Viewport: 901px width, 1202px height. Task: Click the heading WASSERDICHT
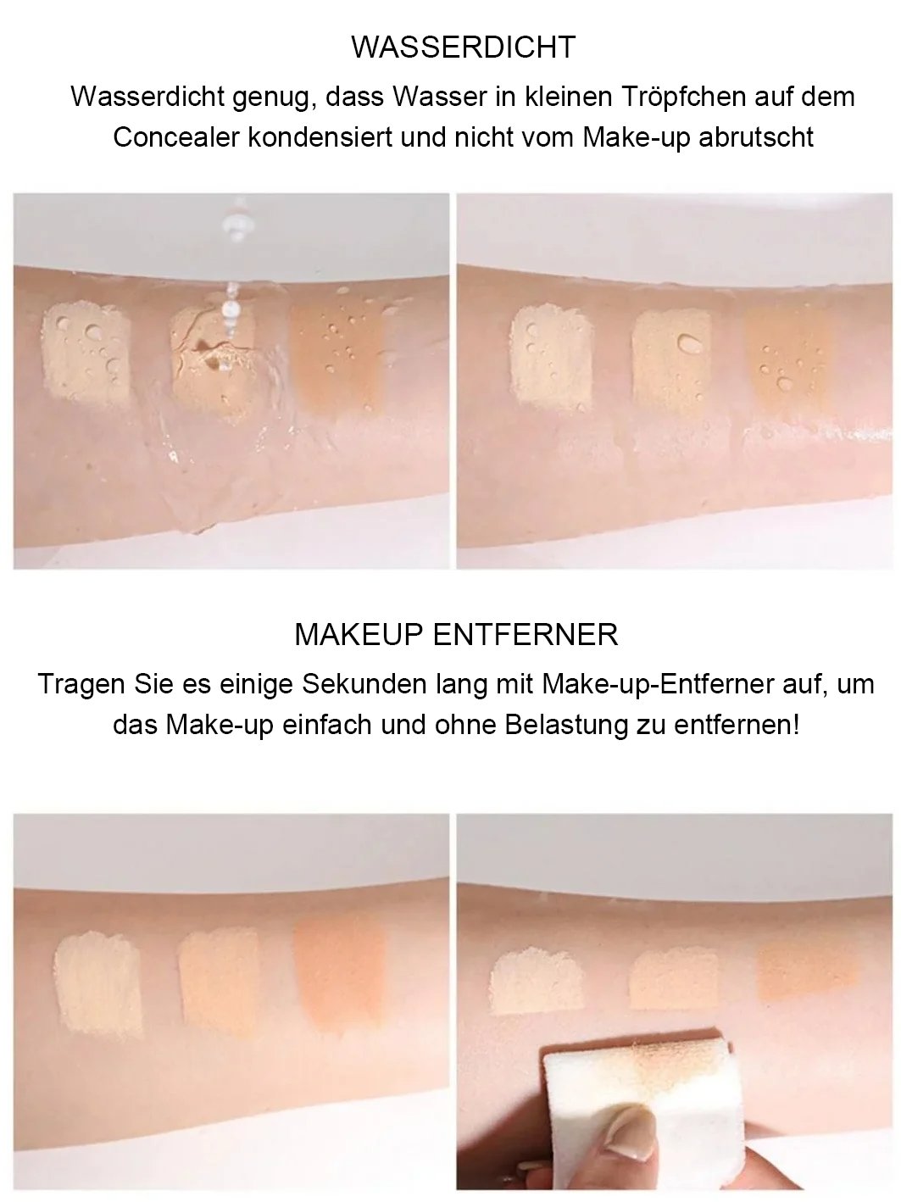click(463, 47)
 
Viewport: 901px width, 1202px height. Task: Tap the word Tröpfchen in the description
click(684, 97)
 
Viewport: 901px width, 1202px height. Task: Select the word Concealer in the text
click(176, 137)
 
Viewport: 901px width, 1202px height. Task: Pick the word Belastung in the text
click(566, 725)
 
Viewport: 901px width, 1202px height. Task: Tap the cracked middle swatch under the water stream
click(214, 361)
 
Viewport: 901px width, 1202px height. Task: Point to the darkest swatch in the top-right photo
click(790, 359)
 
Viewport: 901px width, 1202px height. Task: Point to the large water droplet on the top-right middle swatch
click(688, 342)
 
